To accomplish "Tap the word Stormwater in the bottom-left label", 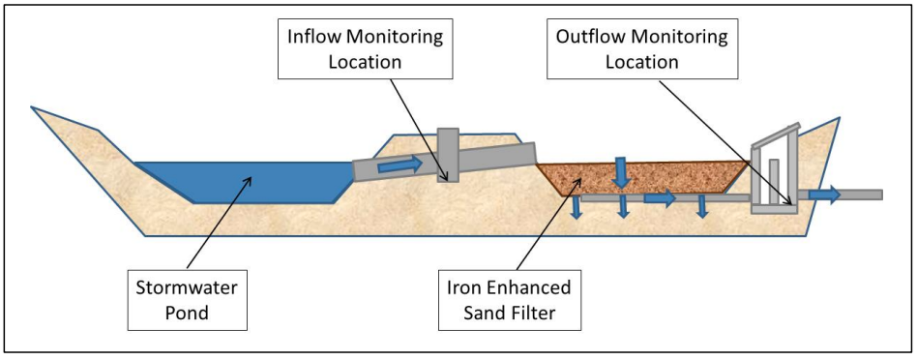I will click(x=187, y=287).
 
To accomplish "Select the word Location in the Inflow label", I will click(x=363, y=61).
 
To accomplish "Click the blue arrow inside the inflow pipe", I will click(x=399, y=165).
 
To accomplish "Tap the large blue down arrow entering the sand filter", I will click(x=619, y=173).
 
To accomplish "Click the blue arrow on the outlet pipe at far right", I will click(x=824, y=195).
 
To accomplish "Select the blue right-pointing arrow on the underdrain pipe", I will click(x=661, y=198).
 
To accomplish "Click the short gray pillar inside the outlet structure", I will click(x=774, y=178).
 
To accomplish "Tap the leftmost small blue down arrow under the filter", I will click(x=576, y=207).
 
